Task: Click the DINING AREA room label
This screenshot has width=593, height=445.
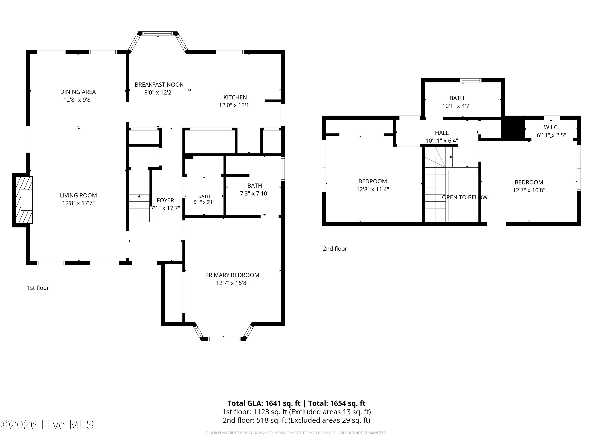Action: tap(78, 92)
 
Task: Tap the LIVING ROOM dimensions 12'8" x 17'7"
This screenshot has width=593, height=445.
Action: tap(78, 203)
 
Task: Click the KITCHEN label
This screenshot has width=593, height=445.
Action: tap(235, 97)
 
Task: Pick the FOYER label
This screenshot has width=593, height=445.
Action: tap(165, 200)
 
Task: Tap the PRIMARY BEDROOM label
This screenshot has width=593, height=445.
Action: tap(232, 275)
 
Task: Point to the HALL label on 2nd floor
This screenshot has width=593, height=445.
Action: tap(442, 133)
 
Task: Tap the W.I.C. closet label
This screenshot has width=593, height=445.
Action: tap(551, 127)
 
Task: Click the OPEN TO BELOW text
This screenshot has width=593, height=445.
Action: tap(465, 197)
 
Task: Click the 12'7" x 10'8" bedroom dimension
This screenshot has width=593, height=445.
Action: tap(529, 190)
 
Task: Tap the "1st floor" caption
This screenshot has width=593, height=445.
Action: tap(38, 288)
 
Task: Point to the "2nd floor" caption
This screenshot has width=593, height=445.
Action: tap(335, 249)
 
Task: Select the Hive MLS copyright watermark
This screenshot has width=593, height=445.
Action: tap(47, 425)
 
